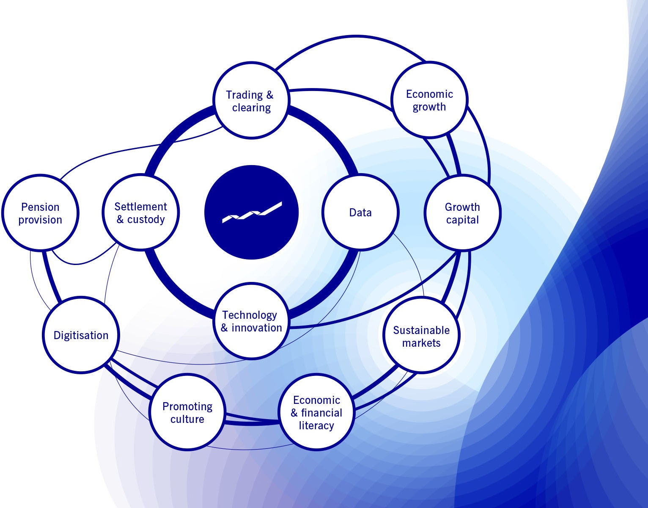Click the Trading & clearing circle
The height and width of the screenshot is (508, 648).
click(251, 101)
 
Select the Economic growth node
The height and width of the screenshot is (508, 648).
click(429, 100)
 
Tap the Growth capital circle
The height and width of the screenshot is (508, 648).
click(462, 213)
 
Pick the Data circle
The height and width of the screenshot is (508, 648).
click(360, 213)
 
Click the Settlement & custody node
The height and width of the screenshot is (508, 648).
click(141, 213)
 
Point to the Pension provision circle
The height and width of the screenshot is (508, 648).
click(40, 213)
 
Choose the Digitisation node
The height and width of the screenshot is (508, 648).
click(81, 335)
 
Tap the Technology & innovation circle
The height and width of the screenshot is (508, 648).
click(251, 321)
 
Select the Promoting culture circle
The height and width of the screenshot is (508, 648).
click(187, 412)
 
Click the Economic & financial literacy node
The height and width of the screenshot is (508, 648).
click(316, 412)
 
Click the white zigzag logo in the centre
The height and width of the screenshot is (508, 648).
click(252, 212)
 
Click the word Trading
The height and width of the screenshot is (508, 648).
click(244, 95)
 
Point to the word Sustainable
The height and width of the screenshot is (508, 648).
click(421, 330)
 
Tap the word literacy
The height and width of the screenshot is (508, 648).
click(316, 425)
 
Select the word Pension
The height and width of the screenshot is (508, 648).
click(40, 207)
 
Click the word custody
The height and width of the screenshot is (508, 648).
click(146, 219)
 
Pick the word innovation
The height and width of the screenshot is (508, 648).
click(256, 328)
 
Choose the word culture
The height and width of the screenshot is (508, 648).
click(187, 419)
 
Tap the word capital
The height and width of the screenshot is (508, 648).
click(462, 220)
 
